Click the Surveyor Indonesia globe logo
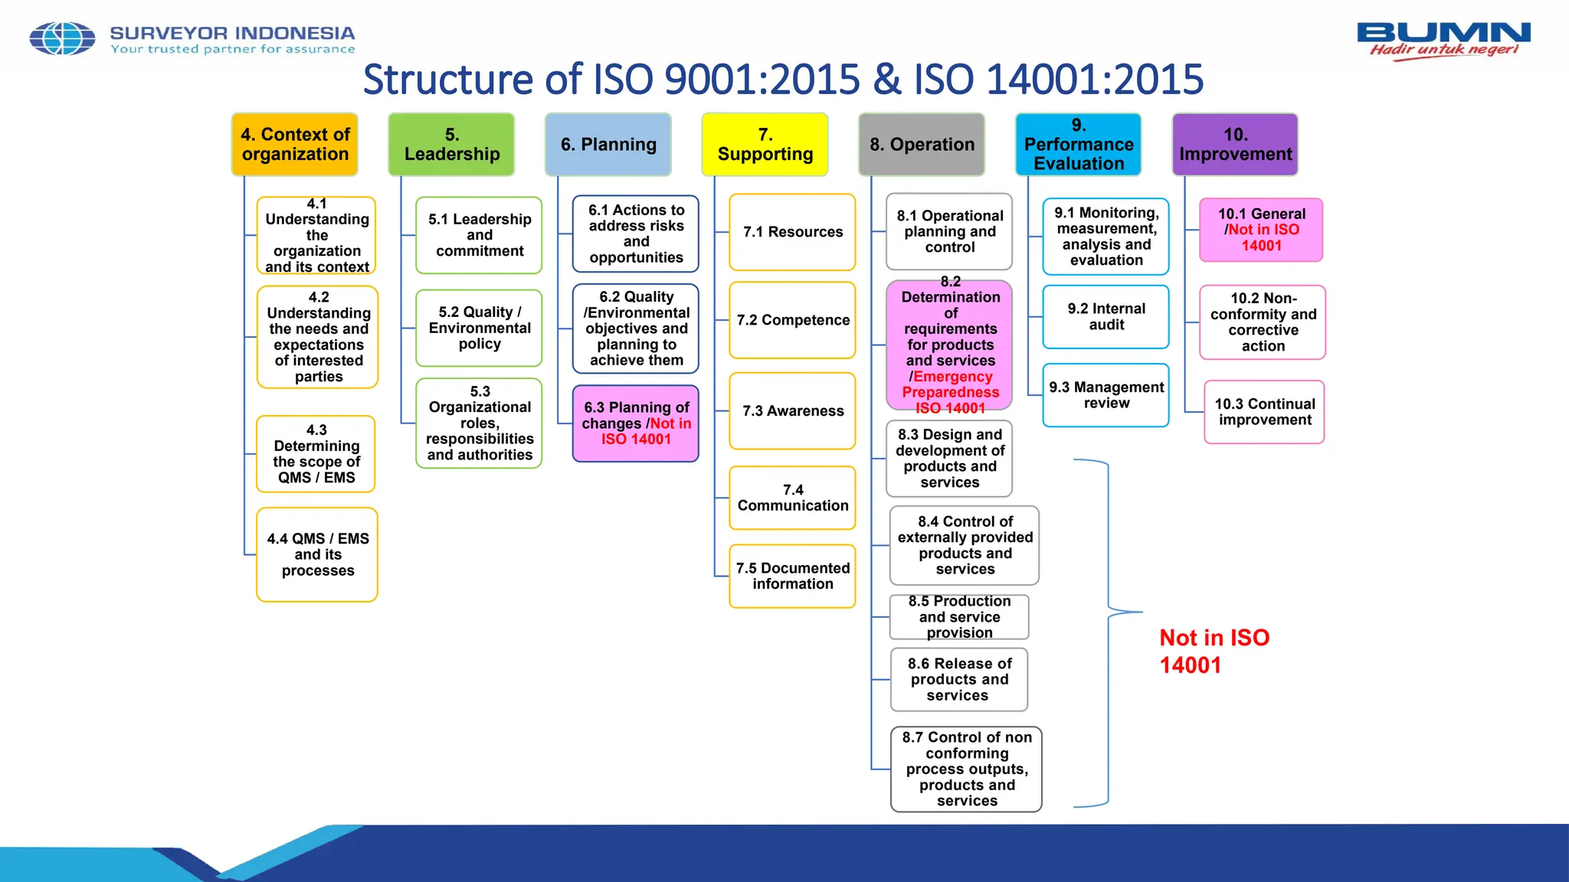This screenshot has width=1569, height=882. tap(62, 38)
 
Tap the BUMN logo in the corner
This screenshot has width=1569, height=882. tap(1443, 40)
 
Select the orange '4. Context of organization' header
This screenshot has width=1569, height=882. tap(295, 145)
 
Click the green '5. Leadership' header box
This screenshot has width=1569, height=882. tap(452, 145)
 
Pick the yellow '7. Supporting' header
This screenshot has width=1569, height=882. tap(765, 145)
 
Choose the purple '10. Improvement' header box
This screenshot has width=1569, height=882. tap(1235, 145)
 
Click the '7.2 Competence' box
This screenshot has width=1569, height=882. tap(792, 320)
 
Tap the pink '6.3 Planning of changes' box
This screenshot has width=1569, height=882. tap(636, 423)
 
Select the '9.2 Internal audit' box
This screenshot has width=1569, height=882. tap(1106, 317)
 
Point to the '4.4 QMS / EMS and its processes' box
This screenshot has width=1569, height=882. tap(317, 555)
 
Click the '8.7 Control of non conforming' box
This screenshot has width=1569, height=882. tap(966, 769)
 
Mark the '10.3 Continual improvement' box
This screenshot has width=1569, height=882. tap(1264, 412)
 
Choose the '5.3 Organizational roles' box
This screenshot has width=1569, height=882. tap(480, 423)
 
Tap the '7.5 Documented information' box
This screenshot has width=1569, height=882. tap(792, 576)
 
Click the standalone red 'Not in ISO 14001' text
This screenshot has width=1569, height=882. tap(1214, 651)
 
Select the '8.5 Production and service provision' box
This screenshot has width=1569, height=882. tap(959, 617)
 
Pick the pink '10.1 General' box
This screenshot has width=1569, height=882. tap(1261, 230)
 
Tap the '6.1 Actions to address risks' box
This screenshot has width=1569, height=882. tap(636, 234)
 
